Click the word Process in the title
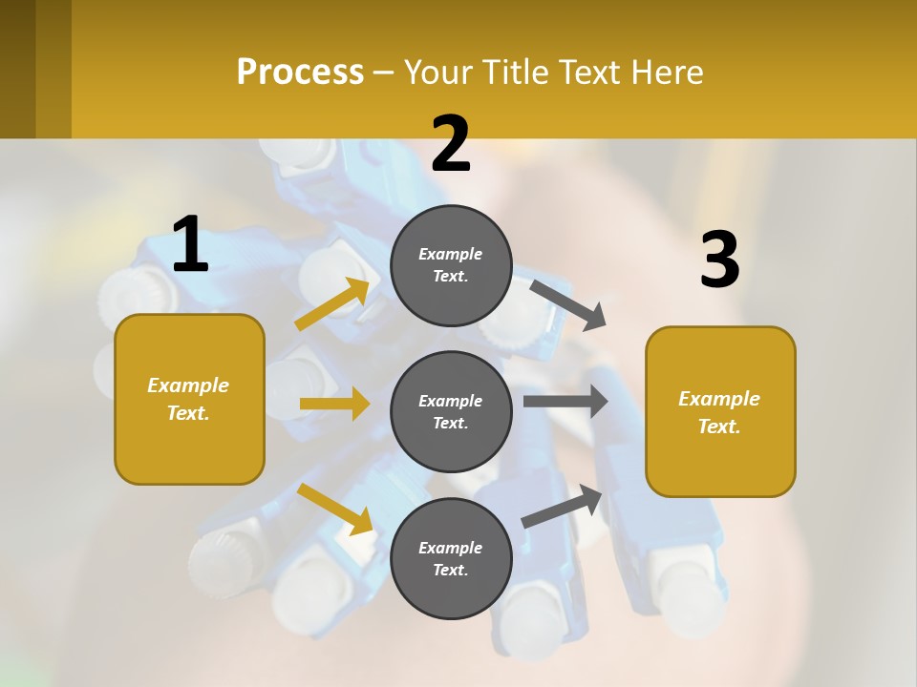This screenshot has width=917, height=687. (x=300, y=72)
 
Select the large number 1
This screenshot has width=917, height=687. (x=190, y=244)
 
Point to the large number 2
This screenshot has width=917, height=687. (x=451, y=144)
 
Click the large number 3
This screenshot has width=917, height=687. (x=719, y=260)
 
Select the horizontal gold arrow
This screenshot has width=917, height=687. (x=334, y=404)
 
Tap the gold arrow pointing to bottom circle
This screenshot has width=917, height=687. (x=335, y=509)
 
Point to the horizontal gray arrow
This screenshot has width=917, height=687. (x=565, y=401)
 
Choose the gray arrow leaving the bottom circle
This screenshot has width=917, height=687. (x=563, y=507)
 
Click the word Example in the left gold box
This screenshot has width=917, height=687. (x=188, y=385)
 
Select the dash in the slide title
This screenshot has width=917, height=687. (x=383, y=73)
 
